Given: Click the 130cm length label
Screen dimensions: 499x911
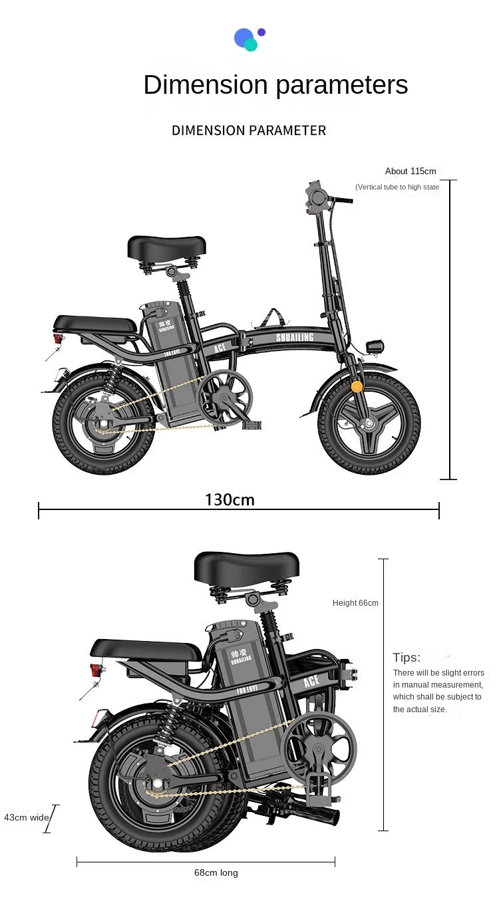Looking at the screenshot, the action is pos(230,499).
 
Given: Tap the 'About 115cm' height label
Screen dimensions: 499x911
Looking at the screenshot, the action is pos(411,172).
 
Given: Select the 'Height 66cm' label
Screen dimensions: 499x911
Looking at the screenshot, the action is pos(355,603).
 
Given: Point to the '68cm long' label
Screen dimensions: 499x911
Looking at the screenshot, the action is pos(216,872).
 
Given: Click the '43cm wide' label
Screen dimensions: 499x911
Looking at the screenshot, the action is pos(27,817).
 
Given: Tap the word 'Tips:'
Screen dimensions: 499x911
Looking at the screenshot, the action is pos(407,658).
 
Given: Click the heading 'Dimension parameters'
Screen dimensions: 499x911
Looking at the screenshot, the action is pos(275,85).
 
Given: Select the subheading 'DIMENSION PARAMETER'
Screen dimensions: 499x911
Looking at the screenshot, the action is pos(249,130).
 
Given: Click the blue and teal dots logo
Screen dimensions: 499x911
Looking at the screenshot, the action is pos(249,39).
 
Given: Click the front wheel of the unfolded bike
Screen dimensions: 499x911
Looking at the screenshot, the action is pos(369,423).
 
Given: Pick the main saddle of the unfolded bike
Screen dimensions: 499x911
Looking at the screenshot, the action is pos(167,247).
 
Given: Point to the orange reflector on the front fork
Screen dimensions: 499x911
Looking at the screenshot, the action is pos(357,386).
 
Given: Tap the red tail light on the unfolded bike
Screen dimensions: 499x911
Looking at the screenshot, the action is pos(58,338).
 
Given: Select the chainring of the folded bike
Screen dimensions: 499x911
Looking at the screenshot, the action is pos(320,748).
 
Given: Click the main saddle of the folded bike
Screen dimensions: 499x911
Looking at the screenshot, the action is pos(246,567).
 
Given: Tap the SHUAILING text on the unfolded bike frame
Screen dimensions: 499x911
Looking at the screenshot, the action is pos(294,338).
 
